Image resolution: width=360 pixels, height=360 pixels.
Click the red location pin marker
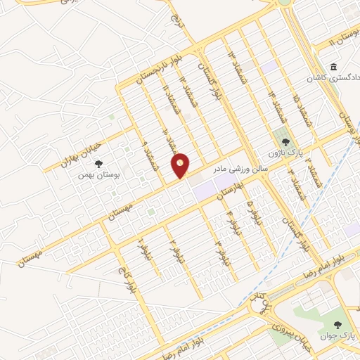tap(181, 166)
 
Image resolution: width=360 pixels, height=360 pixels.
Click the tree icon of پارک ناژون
tap(285, 142)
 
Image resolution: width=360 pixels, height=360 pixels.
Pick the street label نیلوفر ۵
tap(252, 211)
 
